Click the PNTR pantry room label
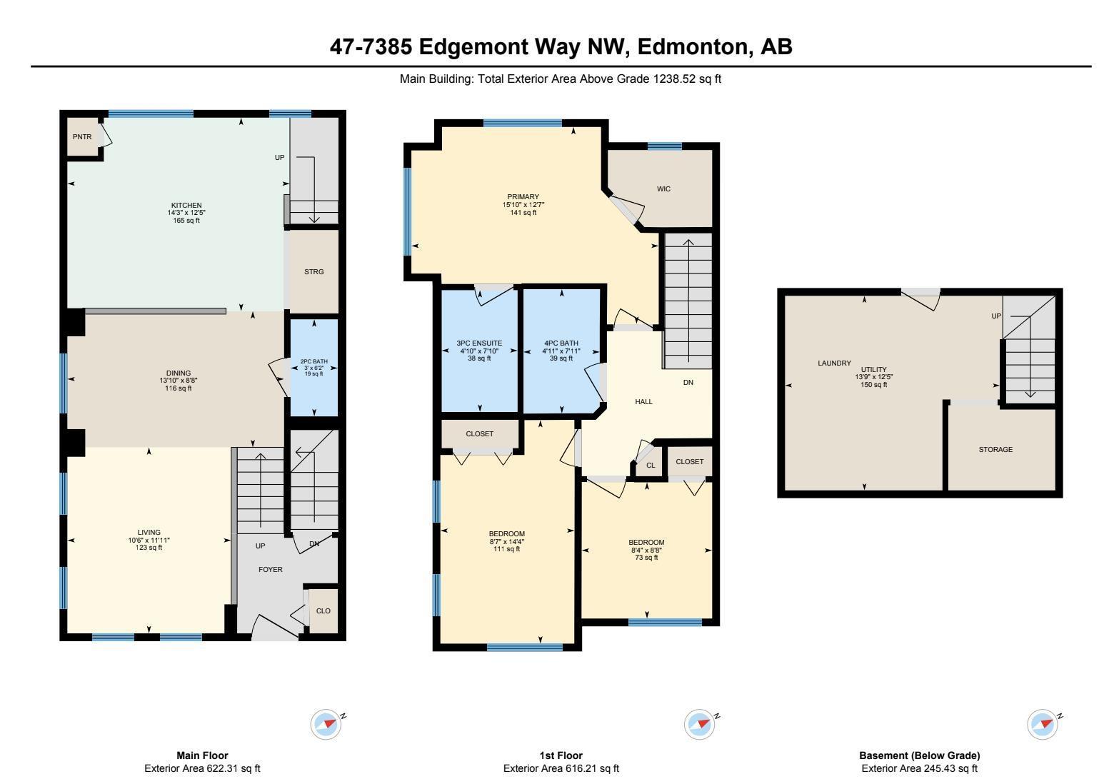click(81, 136)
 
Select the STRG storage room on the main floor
click(313, 271)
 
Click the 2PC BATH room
click(313, 367)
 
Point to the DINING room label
click(178, 373)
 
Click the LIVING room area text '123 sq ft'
click(149, 548)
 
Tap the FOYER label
click(270, 569)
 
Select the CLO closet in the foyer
click(323, 610)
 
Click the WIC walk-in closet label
click(663, 189)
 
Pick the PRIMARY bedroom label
click(523, 197)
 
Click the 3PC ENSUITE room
click(479, 351)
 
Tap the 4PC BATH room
click(561, 351)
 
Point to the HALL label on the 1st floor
click(643, 401)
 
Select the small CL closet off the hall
click(650, 466)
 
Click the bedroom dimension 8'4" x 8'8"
click(646, 550)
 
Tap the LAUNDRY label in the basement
click(834, 363)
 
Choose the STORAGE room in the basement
click(995, 450)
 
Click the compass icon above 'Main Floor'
click(326, 724)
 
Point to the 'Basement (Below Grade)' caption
click(919, 755)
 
